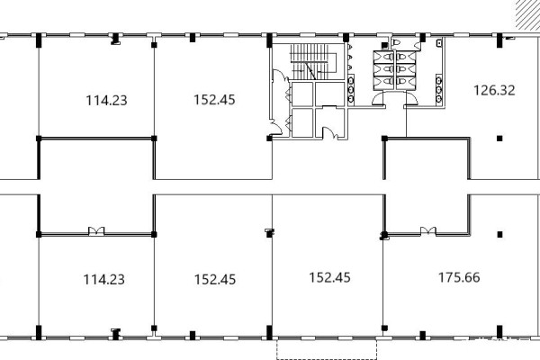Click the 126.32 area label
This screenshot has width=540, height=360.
(494, 90)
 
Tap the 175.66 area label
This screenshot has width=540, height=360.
(459, 277)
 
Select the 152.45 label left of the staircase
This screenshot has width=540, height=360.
(214, 100)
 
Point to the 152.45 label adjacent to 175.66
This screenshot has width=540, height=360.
(330, 277)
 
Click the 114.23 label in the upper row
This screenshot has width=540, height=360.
(106, 100)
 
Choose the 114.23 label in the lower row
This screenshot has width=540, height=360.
(104, 279)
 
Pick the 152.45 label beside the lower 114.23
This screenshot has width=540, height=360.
(215, 279)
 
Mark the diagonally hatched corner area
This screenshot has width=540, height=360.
(527, 14)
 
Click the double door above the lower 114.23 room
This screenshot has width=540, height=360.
(96, 230)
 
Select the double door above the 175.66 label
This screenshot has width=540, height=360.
(428, 230)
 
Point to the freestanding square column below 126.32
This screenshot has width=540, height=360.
(499, 139)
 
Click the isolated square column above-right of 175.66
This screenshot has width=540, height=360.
(499, 235)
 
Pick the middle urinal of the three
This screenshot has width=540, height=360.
(350, 57)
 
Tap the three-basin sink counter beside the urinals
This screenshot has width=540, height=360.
(351, 90)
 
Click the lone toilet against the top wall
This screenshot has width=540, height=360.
(396, 42)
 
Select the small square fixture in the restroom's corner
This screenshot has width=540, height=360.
(439, 43)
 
